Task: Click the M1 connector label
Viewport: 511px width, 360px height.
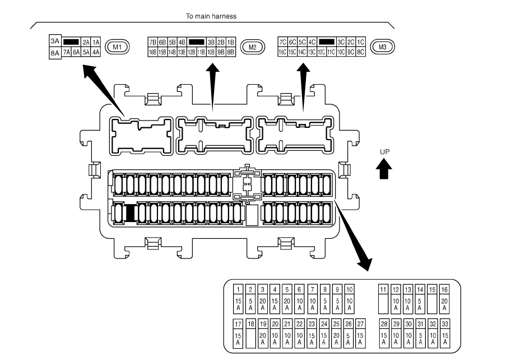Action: pos(117,47)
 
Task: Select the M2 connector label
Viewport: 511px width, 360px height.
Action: pos(252,47)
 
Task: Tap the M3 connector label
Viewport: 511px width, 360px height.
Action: pos(383,47)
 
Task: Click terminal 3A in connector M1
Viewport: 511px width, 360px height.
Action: pos(54,41)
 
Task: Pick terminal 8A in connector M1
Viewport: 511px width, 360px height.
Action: pos(54,52)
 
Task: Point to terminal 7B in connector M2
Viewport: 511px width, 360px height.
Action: pos(152,42)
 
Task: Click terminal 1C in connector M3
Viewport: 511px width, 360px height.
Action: pos(360,42)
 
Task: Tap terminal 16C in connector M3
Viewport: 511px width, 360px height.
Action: pos(282,52)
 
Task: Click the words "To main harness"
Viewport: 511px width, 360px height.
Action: pos(211,16)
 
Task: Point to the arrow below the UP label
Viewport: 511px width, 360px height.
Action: pos(384,168)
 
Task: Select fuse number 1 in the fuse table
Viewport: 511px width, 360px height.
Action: pos(238,289)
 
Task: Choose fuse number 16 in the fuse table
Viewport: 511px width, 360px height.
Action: pos(444,289)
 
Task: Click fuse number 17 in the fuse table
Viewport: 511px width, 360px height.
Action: pos(238,324)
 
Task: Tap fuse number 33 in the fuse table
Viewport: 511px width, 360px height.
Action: pos(445,324)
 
